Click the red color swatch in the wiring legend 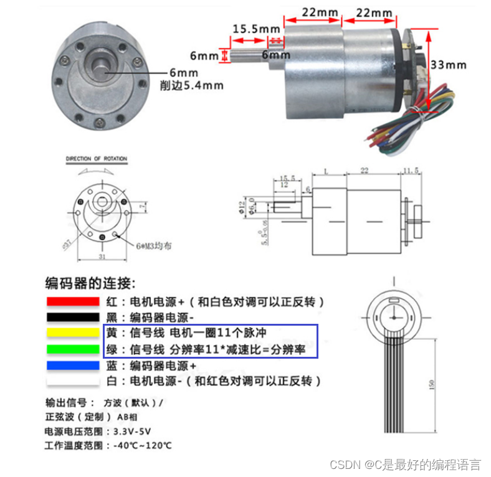tap(72, 301)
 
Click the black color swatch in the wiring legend tap(72, 317)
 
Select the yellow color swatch tap(72, 333)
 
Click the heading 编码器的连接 tap(90, 283)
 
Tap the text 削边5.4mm tap(191, 85)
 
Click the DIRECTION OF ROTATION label tap(97, 159)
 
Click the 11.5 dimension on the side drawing tap(412, 170)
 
